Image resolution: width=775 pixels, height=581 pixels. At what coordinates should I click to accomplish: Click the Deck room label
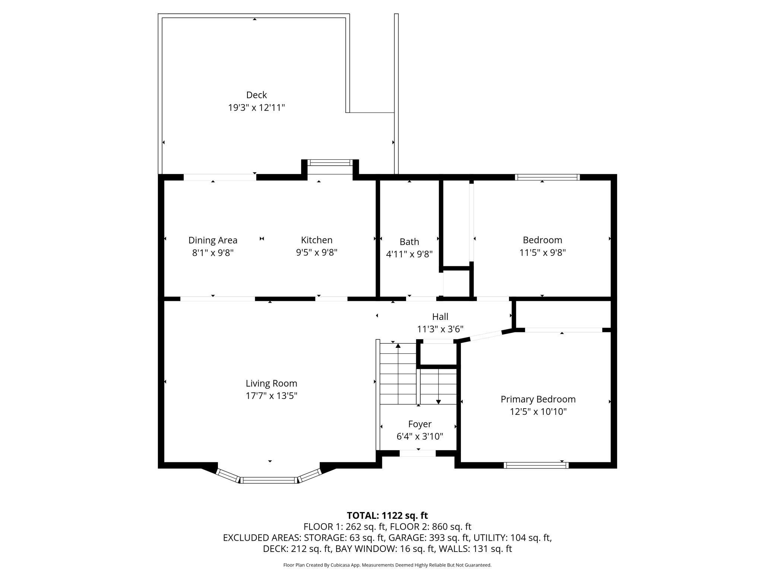point(256,95)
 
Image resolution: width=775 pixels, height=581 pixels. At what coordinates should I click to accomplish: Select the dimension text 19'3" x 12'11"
point(256,108)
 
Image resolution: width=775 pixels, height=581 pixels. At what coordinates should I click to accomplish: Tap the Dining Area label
point(213,240)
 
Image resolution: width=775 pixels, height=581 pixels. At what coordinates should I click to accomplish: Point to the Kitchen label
point(317,240)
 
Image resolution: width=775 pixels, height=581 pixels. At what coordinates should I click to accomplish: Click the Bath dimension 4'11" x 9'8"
point(409,254)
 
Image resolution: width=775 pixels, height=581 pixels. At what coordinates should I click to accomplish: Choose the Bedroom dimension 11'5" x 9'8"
point(542,253)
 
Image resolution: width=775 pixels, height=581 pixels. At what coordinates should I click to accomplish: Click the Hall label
point(440,317)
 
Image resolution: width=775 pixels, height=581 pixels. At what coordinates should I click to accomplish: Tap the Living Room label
point(271,383)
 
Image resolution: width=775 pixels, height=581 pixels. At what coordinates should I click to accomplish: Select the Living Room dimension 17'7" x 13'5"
point(271,396)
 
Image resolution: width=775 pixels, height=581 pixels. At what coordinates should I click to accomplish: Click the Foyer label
point(420,424)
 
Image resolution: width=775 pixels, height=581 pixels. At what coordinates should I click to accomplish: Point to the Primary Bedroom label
point(538,399)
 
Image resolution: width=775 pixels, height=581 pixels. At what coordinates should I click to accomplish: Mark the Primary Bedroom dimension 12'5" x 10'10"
point(538,412)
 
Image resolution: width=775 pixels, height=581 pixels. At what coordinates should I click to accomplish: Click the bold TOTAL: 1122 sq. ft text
point(387,515)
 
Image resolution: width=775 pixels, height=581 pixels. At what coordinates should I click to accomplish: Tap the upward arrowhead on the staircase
point(398,346)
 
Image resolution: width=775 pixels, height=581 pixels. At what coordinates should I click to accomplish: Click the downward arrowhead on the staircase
point(439,401)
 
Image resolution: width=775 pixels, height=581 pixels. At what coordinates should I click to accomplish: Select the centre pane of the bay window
point(269,480)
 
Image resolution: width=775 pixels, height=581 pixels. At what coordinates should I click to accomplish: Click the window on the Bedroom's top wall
point(547,177)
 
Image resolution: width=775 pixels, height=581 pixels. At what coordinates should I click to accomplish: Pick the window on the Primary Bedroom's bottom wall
point(536,465)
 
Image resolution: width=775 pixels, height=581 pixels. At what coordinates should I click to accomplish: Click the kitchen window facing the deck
point(330,162)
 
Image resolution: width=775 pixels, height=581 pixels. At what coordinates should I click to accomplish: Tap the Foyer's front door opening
point(418,453)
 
